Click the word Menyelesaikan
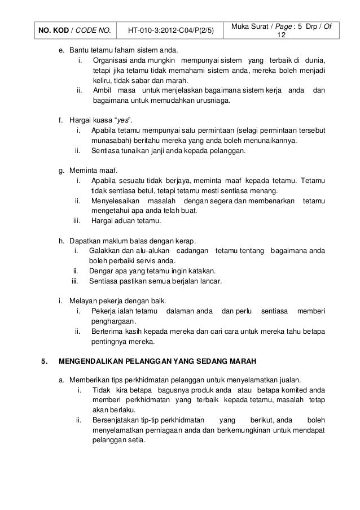tap(114, 200)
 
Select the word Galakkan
tap(104, 250)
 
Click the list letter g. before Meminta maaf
tap(62, 170)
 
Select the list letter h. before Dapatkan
tap(62, 240)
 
